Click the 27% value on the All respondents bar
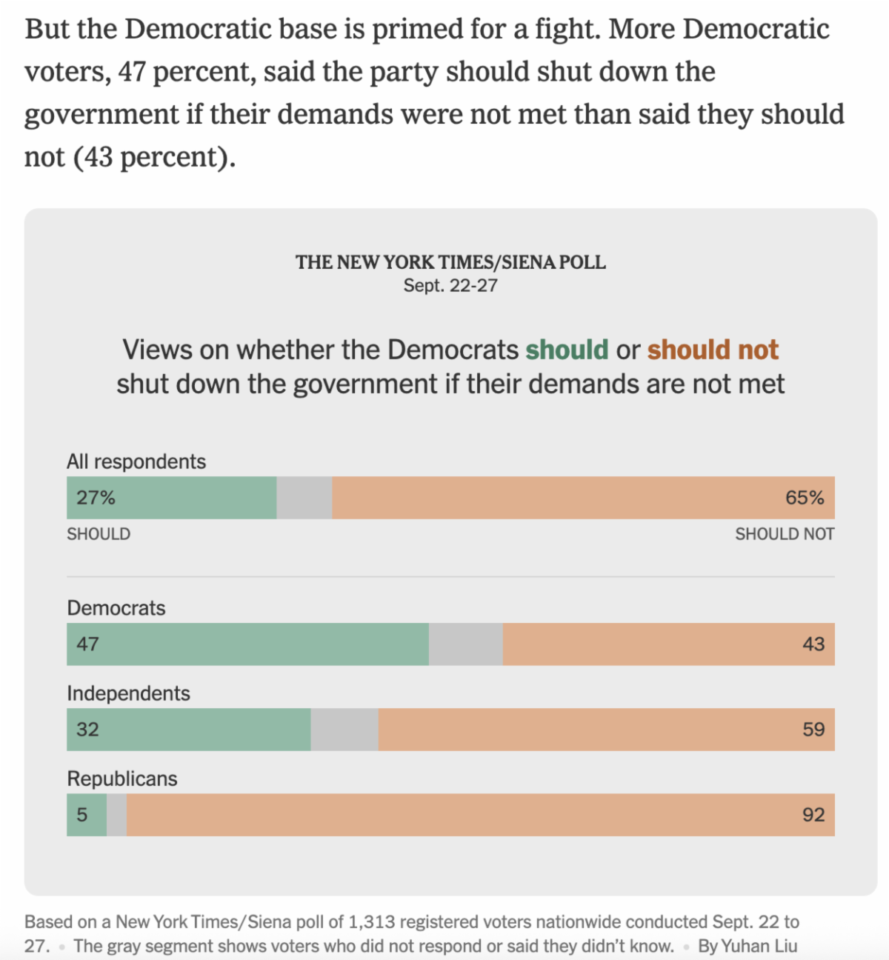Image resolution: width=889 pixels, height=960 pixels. pyautogui.click(x=96, y=498)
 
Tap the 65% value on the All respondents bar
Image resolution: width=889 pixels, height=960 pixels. pyautogui.click(x=805, y=498)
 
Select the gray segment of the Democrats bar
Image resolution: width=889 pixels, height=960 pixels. pyautogui.click(x=465, y=644)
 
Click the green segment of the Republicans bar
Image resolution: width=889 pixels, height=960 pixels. pyautogui.click(x=87, y=815)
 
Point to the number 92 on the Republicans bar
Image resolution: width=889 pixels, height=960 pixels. pyautogui.click(x=813, y=815)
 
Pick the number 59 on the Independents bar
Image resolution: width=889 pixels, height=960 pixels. pyautogui.click(x=813, y=730)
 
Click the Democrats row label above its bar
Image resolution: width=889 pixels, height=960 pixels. pyautogui.click(x=116, y=608)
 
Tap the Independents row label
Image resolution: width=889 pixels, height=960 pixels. pyautogui.click(x=128, y=693)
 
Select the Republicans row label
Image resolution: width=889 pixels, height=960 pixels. pyautogui.click(x=122, y=779)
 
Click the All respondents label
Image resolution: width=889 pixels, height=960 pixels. pyautogui.click(x=136, y=461)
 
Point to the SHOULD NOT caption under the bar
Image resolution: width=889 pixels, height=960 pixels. pyautogui.click(x=785, y=534)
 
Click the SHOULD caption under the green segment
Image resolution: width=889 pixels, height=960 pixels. pyautogui.click(x=99, y=534)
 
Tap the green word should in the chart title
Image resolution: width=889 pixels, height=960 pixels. pyautogui.click(x=567, y=350)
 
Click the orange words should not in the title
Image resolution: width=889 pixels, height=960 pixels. pyautogui.click(x=713, y=350)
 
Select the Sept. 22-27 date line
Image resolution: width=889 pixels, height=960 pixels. pyautogui.click(x=450, y=286)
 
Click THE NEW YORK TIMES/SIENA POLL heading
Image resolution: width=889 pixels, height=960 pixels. pyautogui.click(x=450, y=262)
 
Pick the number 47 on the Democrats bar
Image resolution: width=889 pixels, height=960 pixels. pyautogui.click(x=87, y=644)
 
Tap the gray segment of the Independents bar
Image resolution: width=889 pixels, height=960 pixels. pyautogui.click(x=344, y=730)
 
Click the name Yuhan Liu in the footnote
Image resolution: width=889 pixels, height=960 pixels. pyautogui.click(x=759, y=946)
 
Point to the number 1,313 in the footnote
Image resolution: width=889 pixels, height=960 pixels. pyautogui.click(x=372, y=922)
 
